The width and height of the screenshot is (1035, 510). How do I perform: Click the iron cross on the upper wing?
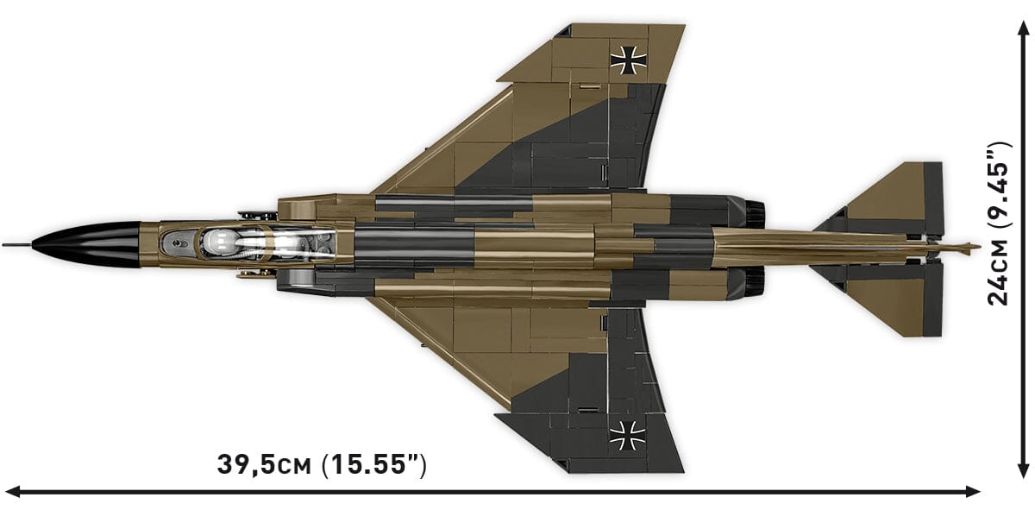(x=626, y=58)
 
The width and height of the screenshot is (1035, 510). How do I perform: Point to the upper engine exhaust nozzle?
(x=754, y=210)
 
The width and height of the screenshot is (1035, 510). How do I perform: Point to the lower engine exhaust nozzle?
(x=754, y=278)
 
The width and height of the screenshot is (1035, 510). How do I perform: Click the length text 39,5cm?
(x=264, y=464)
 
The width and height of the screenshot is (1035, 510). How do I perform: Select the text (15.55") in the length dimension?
(x=373, y=464)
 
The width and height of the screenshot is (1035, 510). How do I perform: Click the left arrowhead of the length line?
(x=10, y=492)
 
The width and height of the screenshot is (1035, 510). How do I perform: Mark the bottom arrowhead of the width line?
(x=1021, y=474)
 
